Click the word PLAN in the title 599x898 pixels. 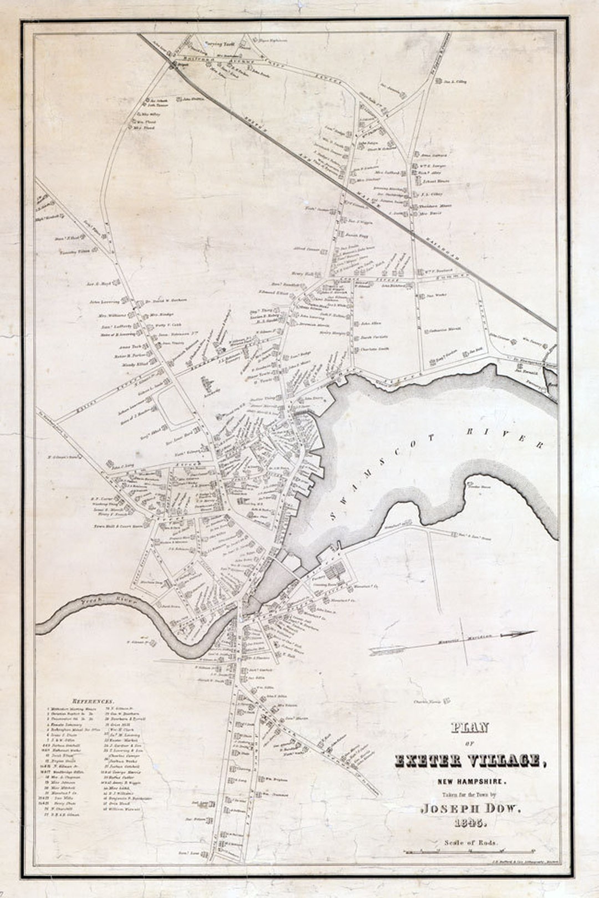pos(469,728)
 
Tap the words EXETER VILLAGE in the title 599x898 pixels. pos(469,761)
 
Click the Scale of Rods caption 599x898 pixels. pos(470,843)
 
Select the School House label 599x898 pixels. pos(434,181)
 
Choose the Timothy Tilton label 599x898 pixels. pos(74,252)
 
